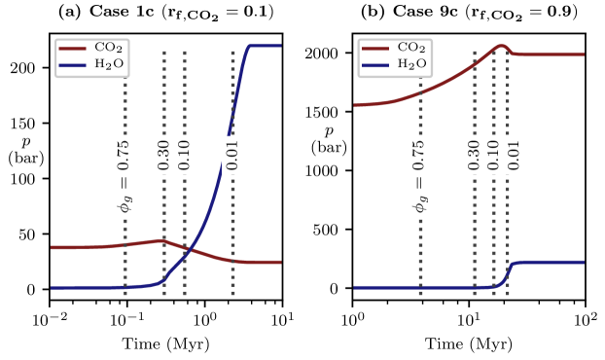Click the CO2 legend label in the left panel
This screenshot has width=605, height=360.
[109, 48]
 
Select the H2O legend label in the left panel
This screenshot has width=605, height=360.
[109, 65]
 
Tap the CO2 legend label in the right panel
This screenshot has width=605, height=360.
[412, 48]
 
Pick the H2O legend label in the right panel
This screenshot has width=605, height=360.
[412, 65]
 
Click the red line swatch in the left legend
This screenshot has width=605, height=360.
[73, 48]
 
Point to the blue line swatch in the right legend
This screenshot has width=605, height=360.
[376, 65]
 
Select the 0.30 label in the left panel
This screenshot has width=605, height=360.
[163, 155]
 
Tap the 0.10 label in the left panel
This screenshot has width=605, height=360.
[184, 155]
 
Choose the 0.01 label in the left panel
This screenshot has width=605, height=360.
[231, 155]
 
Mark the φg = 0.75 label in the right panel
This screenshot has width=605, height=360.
[419, 176]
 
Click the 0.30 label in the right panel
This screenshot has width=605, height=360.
[474, 155]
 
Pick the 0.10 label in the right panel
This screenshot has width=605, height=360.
[493, 155]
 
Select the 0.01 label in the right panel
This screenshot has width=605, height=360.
[514, 155]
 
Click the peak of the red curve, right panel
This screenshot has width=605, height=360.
[500, 46]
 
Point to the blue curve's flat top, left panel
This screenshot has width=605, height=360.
[265, 46]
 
